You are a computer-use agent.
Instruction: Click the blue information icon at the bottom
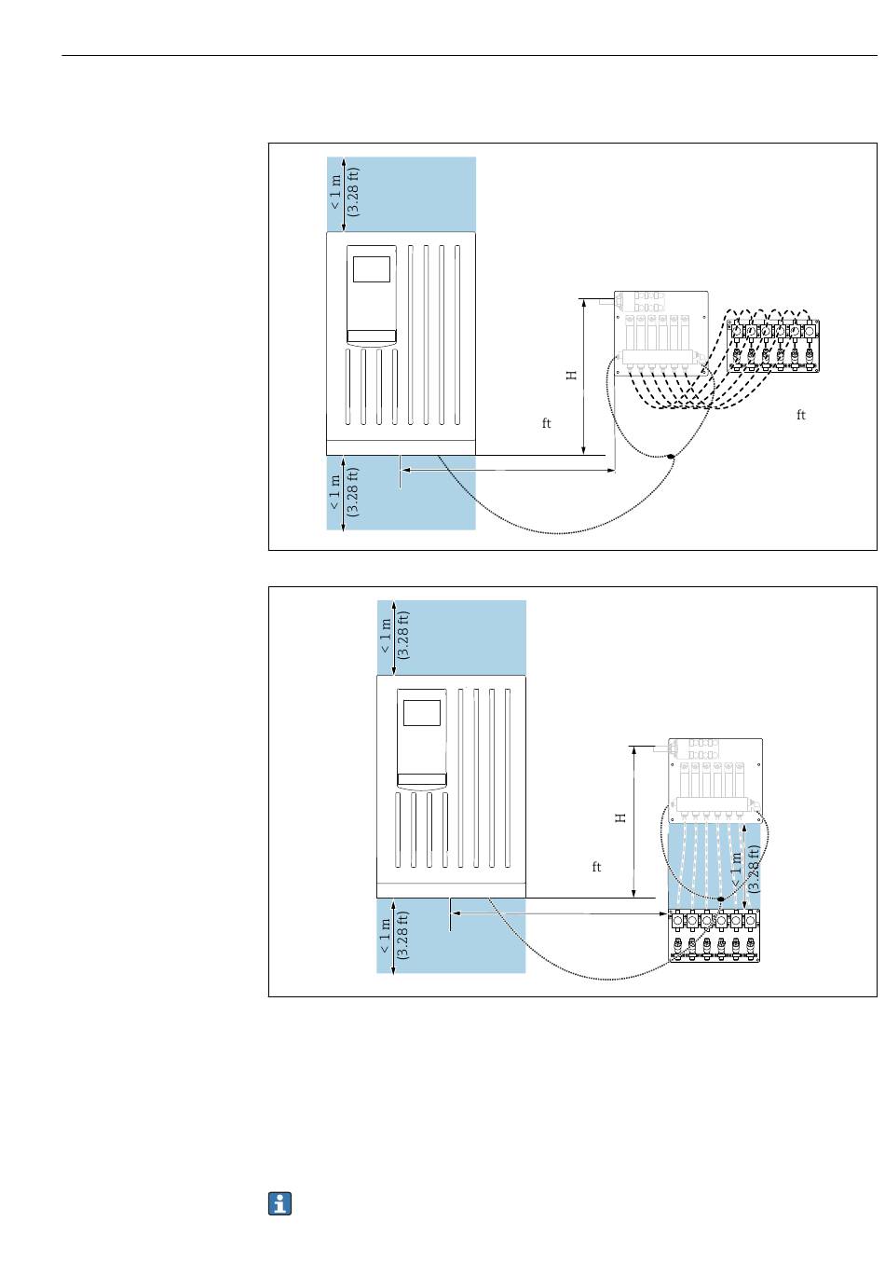tap(280, 1203)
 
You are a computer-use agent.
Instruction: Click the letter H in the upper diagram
tap(572, 376)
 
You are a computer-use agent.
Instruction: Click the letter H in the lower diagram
tap(620, 817)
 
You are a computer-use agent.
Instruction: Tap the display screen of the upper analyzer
tap(372, 268)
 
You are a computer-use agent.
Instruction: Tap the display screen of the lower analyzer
tap(421, 712)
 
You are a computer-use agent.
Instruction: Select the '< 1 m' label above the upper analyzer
tap(335, 193)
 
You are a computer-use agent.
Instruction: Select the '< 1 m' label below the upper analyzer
tap(335, 492)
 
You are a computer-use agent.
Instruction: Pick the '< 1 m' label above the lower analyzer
tap(386, 637)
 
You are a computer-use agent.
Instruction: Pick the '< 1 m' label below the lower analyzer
tap(386, 936)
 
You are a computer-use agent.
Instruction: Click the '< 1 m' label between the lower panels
tap(737, 869)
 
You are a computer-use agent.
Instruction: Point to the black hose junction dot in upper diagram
tap(670, 456)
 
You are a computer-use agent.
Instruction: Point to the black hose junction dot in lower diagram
tap(720, 899)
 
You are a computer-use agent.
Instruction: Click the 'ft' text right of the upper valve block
tap(800, 416)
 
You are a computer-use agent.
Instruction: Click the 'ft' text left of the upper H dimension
tap(547, 424)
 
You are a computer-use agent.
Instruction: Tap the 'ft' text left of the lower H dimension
tap(597, 868)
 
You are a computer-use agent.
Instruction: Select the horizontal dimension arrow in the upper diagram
tap(508, 471)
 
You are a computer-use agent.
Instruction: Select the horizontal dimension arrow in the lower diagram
tap(559, 913)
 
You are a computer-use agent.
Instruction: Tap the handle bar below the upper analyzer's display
tap(371, 336)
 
